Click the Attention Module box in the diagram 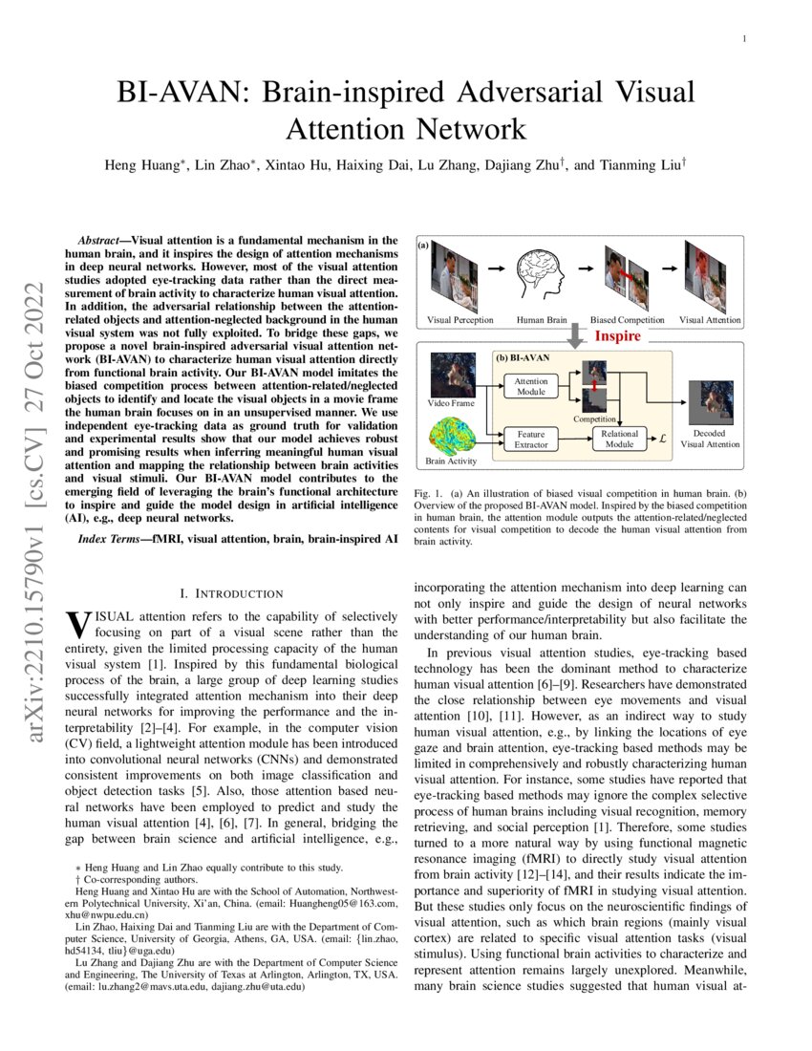click(531, 387)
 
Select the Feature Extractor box click(531, 440)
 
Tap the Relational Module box click(619, 440)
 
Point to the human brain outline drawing click(541, 276)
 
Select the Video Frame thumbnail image click(452, 374)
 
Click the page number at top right click(742, 39)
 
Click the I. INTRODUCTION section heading click(232, 593)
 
